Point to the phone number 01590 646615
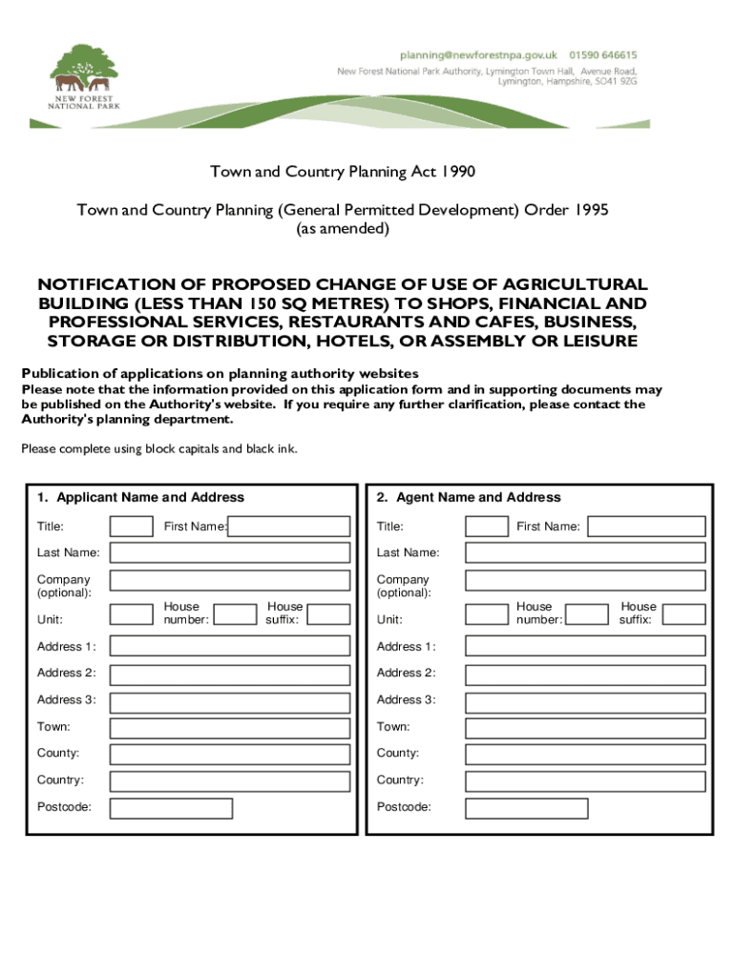pyautogui.click(x=605, y=55)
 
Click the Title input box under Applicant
pyautogui.click(x=131, y=527)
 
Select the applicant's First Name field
pyautogui.click(x=289, y=527)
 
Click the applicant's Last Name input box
pyautogui.click(x=230, y=553)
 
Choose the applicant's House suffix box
pyautogui.click(x=328, y=614)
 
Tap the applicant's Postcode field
pyautogui.click(x=171, y=809)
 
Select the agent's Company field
pyautogui.click(x=585, y=581)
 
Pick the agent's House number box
pyautogui.click(x=585, y=614)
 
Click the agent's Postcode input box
pyautogui.click(x=526, y=809)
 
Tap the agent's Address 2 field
pyautogui.click(x=585, y=675)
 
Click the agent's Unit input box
pyautogui.click(x=487, y=614)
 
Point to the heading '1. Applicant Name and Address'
pyautogui.click(x=140, y=497)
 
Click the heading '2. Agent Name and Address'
pyautogui.click(x=469, y=497)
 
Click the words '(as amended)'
pyautogui.click(x=342, y=229)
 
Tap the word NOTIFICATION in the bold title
pyautogui.click(x=105, y=284)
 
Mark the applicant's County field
pyautogui.click(x=230, y=755)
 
